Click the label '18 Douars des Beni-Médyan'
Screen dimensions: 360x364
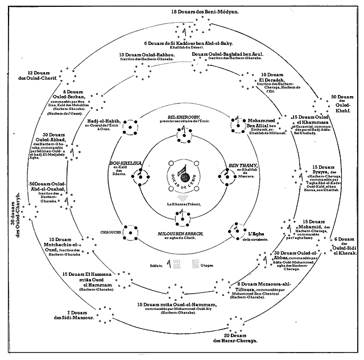[182, 11]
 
